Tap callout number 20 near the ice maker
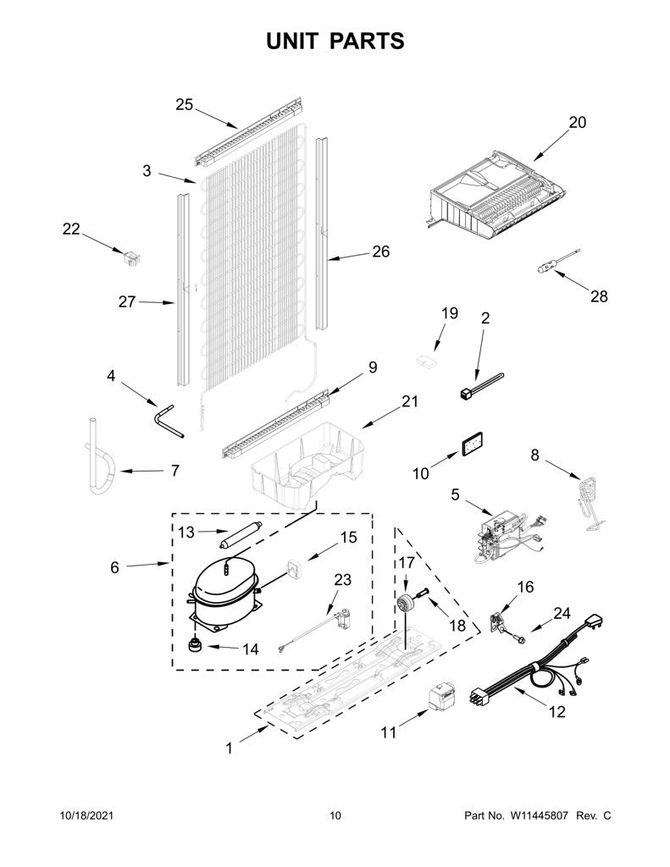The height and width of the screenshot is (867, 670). click(x=577, y=122)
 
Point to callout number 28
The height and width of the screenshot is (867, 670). click(x=599, y=296)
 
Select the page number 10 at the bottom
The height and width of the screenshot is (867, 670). click(x=335, y=815)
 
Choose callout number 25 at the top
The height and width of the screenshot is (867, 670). click(x=185, y=104)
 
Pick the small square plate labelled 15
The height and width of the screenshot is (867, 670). click(x=294, y=569)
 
